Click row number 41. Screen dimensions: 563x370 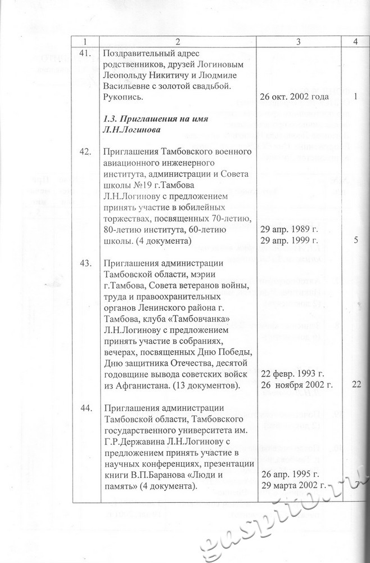86,55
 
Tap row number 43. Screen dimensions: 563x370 86,264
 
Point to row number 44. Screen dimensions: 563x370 86,408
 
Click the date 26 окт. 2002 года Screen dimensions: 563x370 294,96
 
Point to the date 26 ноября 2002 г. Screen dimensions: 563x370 297,385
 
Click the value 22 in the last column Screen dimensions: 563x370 355,385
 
